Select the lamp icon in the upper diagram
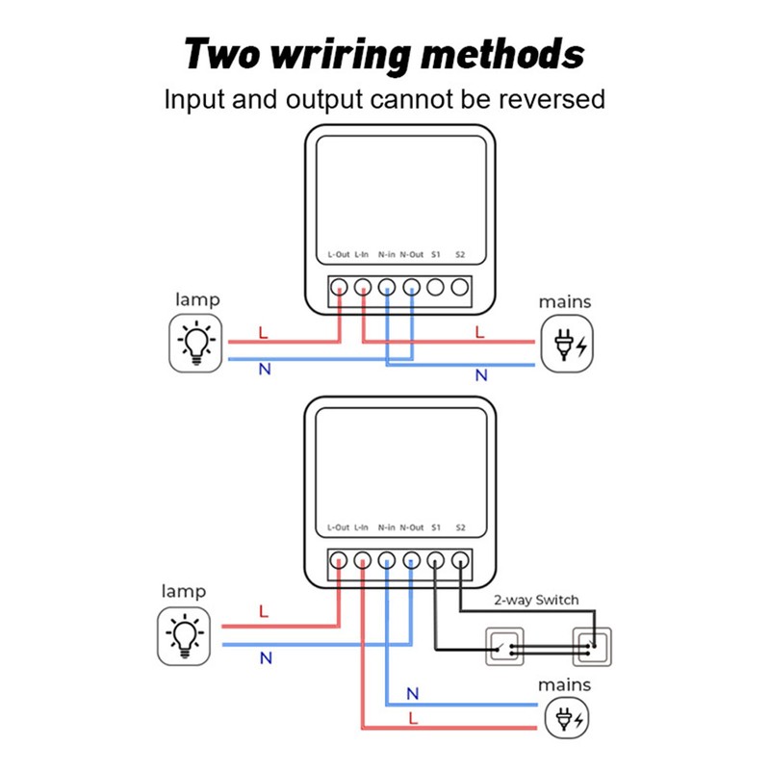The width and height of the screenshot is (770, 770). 196,343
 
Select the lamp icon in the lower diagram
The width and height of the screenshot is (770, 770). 185,635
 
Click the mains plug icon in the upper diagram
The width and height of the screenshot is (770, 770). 567,345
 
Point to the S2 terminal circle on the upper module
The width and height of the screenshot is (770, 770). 460,287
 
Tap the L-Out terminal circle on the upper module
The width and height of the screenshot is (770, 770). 339,287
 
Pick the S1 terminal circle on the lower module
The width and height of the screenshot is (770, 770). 435,560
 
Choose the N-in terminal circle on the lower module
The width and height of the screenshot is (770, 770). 387,560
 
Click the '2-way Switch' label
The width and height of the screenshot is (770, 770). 536,600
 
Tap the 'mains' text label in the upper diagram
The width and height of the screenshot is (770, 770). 565,302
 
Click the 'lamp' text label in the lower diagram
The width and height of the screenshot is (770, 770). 184,591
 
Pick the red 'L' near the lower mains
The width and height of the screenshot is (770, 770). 413,719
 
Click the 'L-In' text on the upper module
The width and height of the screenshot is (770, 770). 362,255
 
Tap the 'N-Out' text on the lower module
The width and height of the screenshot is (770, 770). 411,527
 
